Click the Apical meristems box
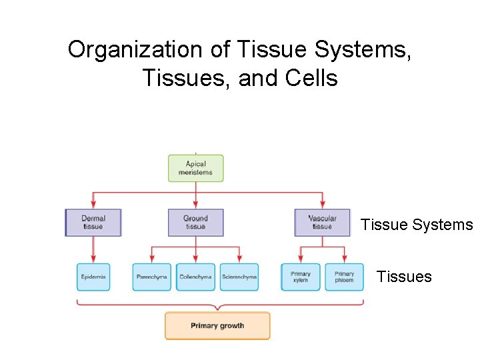point(195,168)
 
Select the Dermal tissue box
point(93,223)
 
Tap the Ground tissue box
point(195,223)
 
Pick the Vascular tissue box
point(322,223)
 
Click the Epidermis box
point(93,277)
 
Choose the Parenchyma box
point(151,277)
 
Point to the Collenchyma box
point(195,277)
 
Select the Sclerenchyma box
point(239,277)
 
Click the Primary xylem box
point(301,277)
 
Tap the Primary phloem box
point(344,277)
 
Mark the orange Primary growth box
point(217,326)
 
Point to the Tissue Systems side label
point(417,225)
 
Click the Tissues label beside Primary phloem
point(404,277)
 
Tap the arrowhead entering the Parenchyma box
point(151,260)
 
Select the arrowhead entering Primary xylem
point(301,260)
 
